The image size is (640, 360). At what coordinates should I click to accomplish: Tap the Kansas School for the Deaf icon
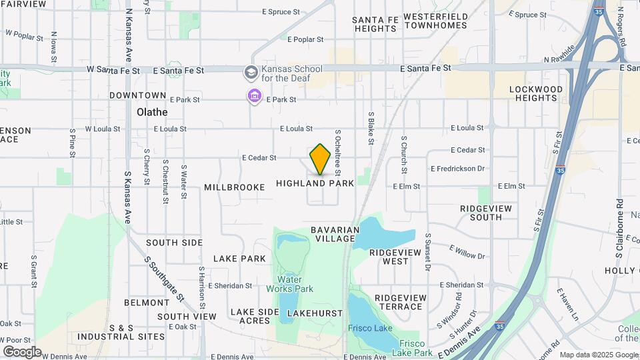(251, 71)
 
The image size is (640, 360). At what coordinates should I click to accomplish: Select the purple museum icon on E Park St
(254, 97)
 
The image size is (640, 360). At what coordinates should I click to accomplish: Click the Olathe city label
(152, 112)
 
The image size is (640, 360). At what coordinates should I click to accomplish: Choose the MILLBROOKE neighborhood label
(235, 187)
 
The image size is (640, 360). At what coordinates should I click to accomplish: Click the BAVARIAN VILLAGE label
(335, 234)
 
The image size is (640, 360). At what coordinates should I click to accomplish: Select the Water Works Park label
(290, 284)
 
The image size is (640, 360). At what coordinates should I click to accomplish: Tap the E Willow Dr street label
(467, 251)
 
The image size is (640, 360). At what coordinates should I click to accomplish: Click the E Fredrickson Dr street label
(457, 169)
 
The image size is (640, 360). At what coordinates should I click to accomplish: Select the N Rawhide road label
(559, 54)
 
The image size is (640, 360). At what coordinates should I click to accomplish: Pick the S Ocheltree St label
(338, 149)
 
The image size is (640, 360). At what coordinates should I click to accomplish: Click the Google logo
(22, 351)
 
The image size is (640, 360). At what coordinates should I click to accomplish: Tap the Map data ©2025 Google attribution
(599, 355)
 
